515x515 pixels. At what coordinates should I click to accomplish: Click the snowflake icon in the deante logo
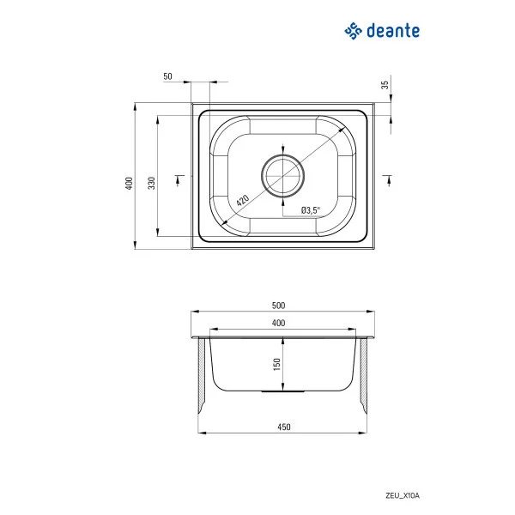[352, 32]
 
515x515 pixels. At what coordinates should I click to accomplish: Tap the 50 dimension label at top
[167, 76]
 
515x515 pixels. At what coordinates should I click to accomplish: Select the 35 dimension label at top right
[385, 85]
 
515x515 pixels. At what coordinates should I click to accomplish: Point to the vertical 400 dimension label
[129, 183]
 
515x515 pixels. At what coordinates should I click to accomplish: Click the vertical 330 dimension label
[151, 183]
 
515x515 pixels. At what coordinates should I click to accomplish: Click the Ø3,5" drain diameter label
[310, 210]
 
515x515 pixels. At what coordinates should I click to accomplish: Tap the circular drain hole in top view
[283, 176]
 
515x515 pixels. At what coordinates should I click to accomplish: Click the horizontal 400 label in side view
[278, 323]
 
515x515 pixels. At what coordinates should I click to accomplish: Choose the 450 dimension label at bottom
[284, 427]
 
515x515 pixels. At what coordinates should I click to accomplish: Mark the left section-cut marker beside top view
[179, 178]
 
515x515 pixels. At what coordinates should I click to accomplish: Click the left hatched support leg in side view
[203, 378]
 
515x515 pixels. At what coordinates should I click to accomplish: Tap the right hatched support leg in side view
[364, 378]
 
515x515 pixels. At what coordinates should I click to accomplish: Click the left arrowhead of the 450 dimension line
[203, 433]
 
